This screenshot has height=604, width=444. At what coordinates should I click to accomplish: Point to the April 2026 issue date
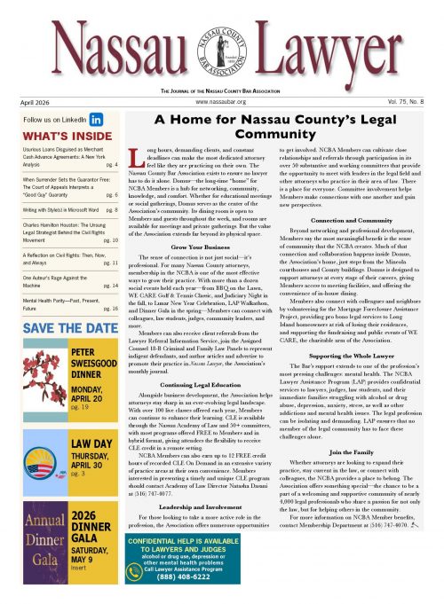tap(31, 103)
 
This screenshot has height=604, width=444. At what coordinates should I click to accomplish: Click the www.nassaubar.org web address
tap(219, 102)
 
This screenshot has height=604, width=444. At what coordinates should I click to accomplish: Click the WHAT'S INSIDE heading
tap(55, 136)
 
